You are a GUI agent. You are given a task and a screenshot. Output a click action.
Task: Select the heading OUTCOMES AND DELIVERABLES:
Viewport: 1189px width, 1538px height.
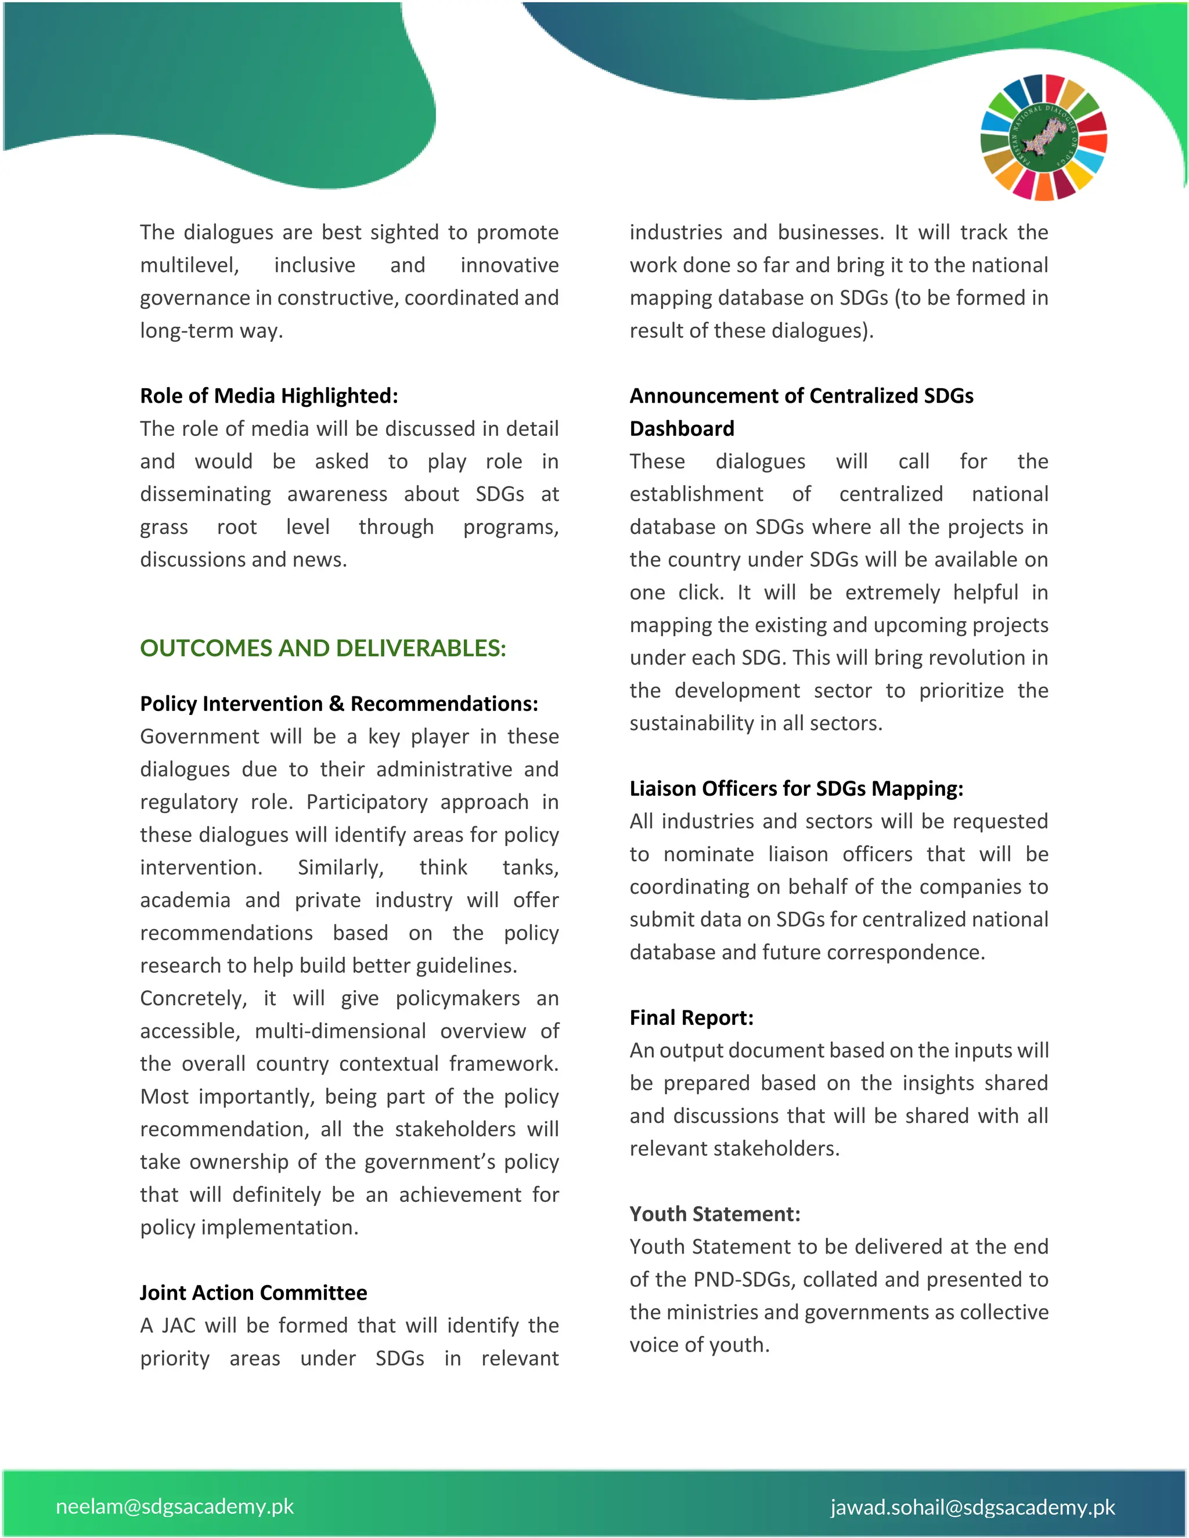coord(323,648)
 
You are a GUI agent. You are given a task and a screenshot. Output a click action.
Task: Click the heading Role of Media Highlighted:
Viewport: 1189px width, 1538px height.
coord(268,396)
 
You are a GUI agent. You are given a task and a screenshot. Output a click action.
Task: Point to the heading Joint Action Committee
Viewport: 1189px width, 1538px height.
coord(253,1293)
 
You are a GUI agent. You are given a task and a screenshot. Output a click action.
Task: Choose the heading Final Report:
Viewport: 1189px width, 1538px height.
coord(691,1017)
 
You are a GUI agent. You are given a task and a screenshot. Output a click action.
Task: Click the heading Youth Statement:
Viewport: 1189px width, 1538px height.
coord(714,1214)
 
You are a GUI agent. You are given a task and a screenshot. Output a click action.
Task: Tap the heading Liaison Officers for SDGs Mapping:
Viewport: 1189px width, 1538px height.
coord(796,788)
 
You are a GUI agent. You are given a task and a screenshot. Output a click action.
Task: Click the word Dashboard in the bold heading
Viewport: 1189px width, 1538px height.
coord(681,428)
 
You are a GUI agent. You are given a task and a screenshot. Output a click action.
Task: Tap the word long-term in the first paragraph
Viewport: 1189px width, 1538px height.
coord(185,330)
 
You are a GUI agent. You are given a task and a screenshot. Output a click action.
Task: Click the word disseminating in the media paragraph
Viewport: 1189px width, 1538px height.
coord(205,494)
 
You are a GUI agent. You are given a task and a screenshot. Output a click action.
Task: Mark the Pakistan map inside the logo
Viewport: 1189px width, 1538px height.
coord(1043,136)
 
